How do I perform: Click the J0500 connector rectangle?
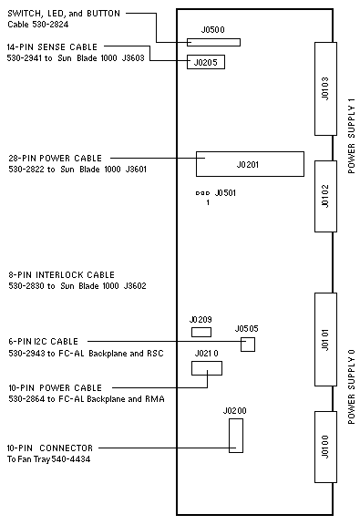pos(213,42)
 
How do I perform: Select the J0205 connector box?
pos(206,62)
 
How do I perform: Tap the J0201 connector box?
pos(250,164)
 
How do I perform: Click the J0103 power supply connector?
pos(325,88)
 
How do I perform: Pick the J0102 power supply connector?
pos(325,196)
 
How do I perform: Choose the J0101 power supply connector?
pos(325,339)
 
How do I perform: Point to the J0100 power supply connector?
pos(325,447)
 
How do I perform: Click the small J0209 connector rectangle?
pos(201,332)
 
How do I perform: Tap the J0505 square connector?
pos(248,345)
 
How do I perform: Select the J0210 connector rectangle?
pos(207,368)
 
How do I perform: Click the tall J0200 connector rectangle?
pos(236,436)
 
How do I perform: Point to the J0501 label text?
pos(225,193)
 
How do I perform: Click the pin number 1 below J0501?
pos(208,202)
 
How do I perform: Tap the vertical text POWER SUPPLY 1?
pos(351,139)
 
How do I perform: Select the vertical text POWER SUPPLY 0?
pos(351,386)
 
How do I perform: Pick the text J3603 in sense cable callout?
pos(133,58)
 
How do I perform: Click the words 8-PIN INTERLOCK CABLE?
pos(62,275)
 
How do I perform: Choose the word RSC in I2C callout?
pos(155,354)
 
